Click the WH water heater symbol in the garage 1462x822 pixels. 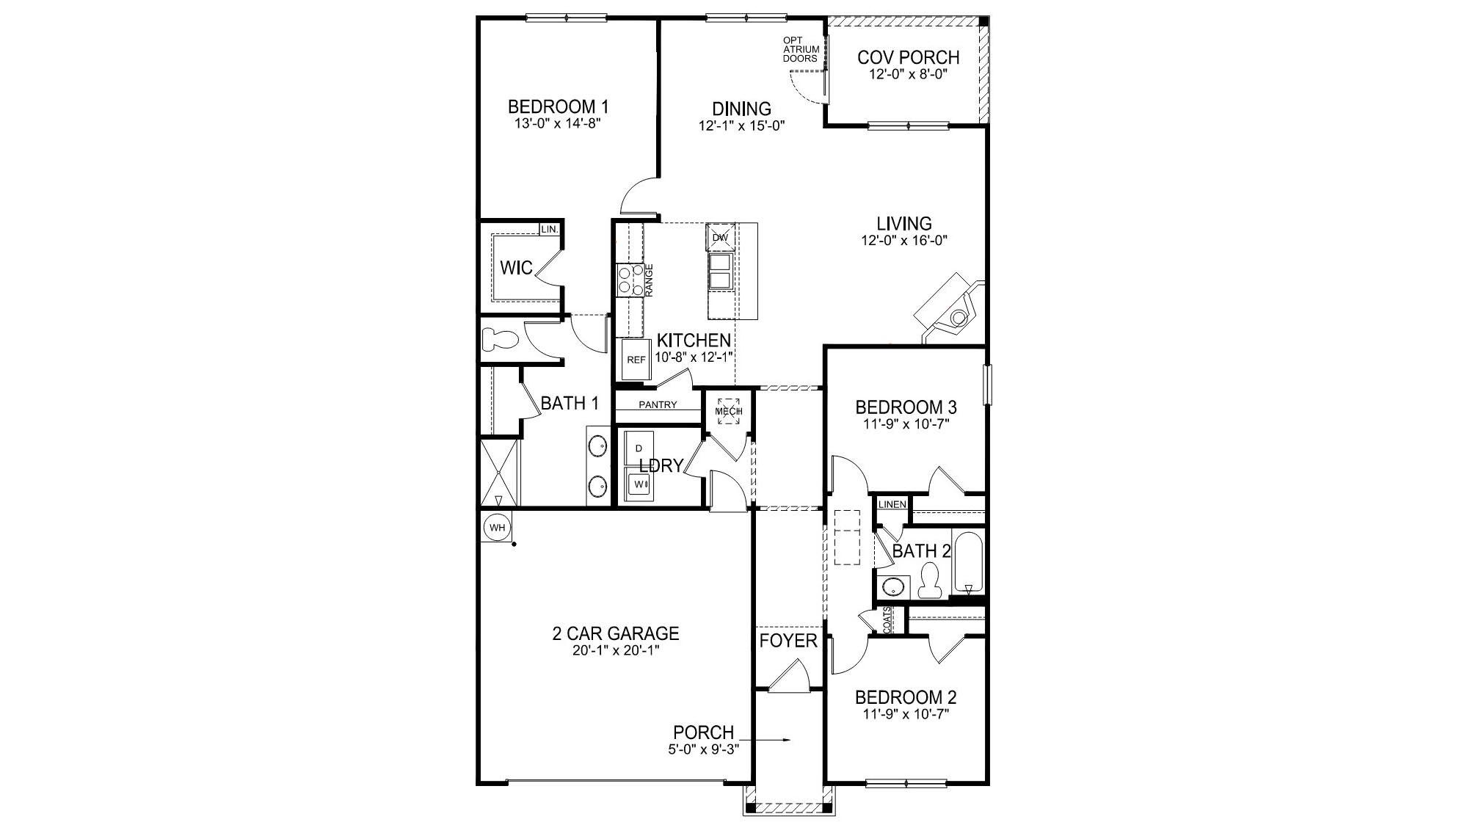pyautogui.click(x=497, y=527)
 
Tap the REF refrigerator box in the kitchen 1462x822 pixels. pyautogui.click(x=636, y=360)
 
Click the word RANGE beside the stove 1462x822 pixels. pyautogui.click(x=649, y=280)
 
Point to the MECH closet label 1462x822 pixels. pyautogui.click(x=728, y=412)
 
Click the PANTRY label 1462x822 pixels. pyautogui.click(x=658, y=405)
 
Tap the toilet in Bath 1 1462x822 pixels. pyautogui.click(x=501, y=340)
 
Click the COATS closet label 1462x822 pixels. pyautogui.click(x=887, y=620)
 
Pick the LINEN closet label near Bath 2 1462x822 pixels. pyautogui.click(x=892, y=504)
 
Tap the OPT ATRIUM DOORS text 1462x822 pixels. pyautogui.click(x=801, y=49)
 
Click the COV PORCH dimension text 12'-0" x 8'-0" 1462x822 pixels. pyautogui.click(x=908, y=74)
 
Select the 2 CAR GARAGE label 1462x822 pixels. pyautogui.click(x=615, y=633)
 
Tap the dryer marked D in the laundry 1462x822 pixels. pyautogui.click(x=639, y=448)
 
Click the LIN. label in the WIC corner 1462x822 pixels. pyautogui.click(x=550, y=230)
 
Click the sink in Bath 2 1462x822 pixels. pyautogui.click(x=892, y=586)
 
